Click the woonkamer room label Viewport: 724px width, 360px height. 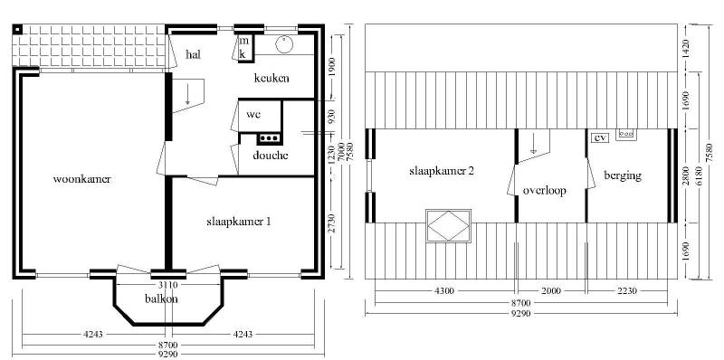[81, 179]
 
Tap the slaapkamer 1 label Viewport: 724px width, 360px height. [238, 222]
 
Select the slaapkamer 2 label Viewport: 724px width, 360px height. [442, 170]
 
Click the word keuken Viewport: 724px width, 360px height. [271, 78]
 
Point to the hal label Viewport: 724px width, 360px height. [193, 54]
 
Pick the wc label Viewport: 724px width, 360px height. [253, 114]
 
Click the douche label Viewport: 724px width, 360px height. [270, 155]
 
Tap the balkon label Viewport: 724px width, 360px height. [161, 298]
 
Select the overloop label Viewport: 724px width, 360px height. [545, 191]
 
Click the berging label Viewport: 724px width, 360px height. [623, 175]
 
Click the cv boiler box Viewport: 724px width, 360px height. [600, 137]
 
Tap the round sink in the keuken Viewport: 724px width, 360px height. [284, 44]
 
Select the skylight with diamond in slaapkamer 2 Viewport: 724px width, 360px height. [448, 226]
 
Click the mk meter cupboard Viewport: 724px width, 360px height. [244, 48]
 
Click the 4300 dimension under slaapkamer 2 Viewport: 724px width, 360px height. [444, 290]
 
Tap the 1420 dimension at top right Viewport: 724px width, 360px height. [686, 48]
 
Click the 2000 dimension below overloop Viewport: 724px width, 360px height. [551, 290]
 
